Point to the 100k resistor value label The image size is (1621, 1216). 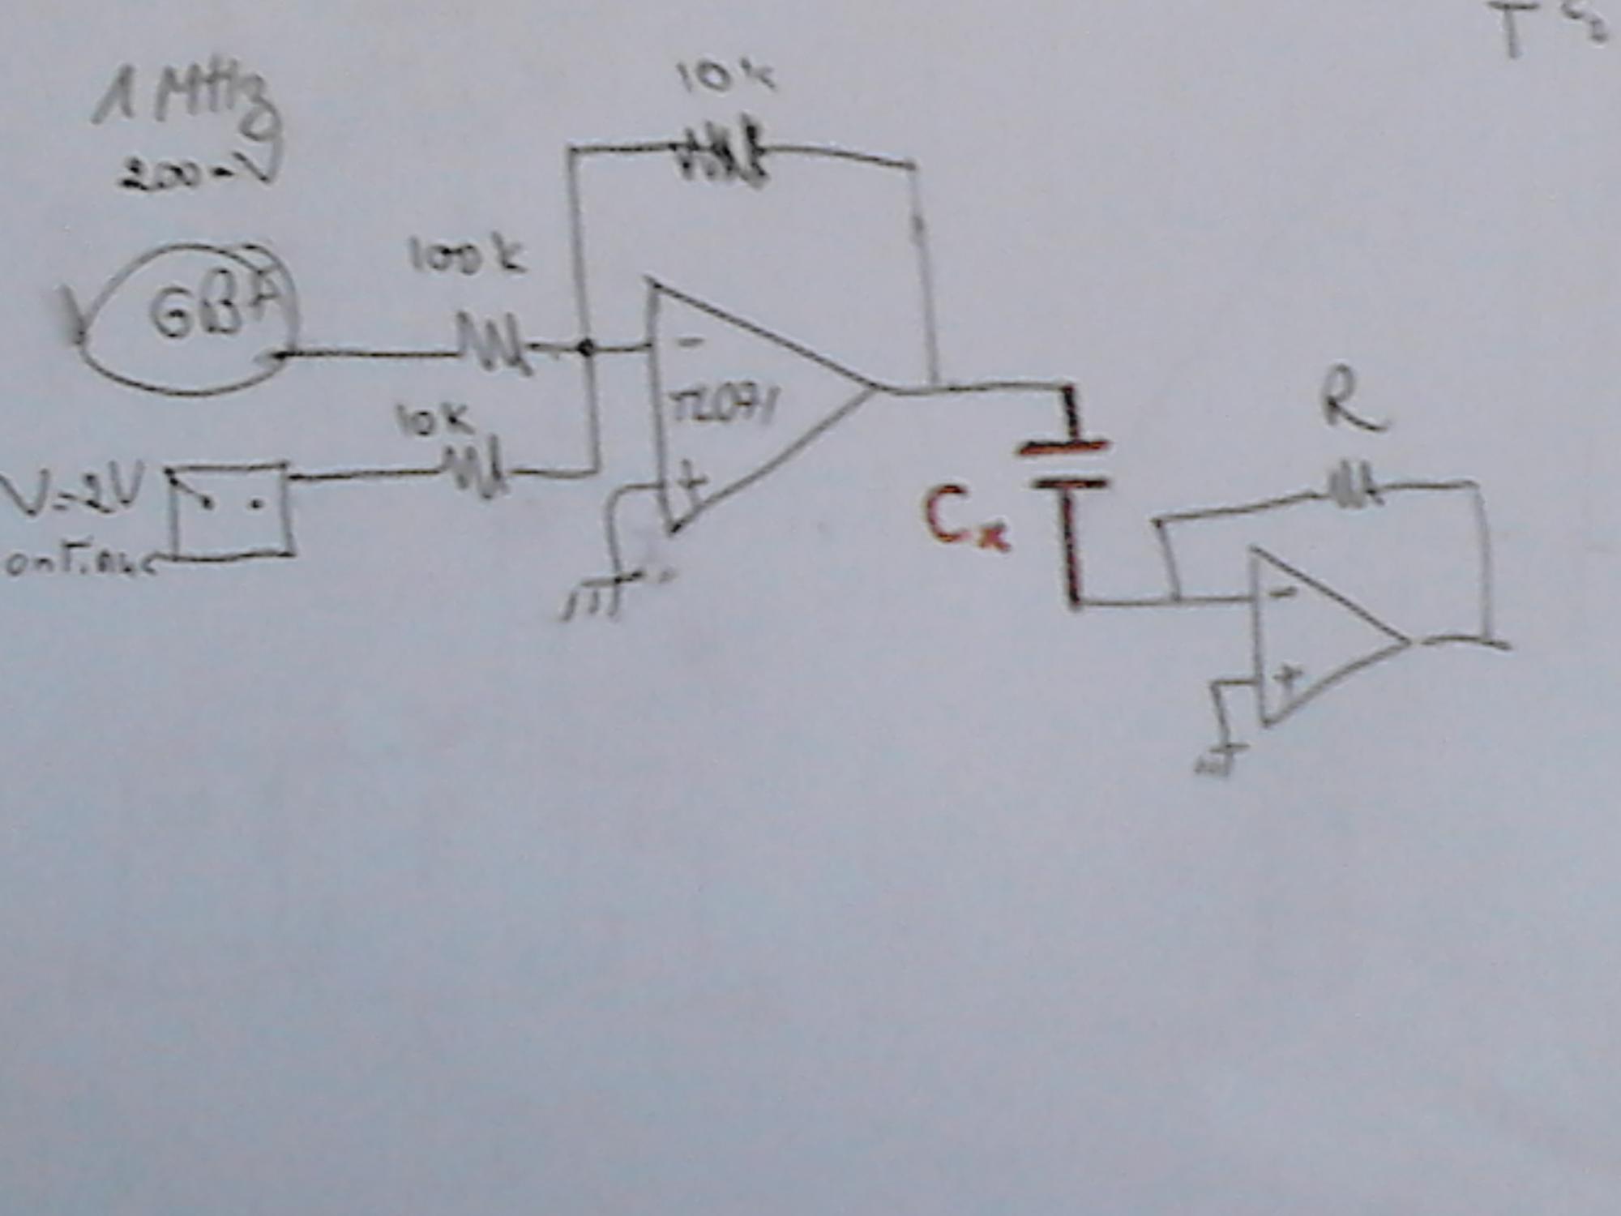pyautogui.click(x=466, y=258)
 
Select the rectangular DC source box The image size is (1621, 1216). pyautogui.click(x=231, y=511)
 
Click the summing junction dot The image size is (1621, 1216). pyautogui.click(x=586, y=349)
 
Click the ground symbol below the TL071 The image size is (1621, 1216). pyautogui.click(x=596, y=600)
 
